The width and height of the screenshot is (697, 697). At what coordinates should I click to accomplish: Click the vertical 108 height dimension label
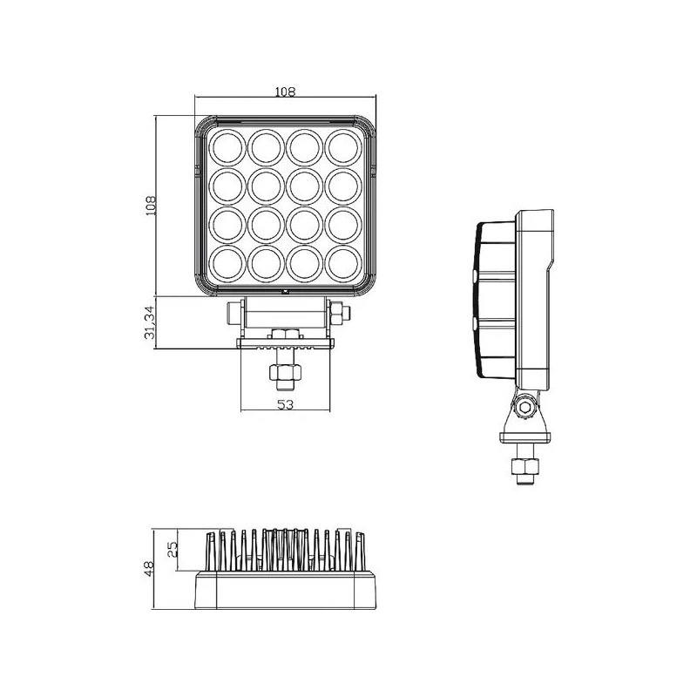click(149, 206)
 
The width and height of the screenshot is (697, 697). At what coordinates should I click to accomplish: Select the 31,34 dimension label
click(149, 323)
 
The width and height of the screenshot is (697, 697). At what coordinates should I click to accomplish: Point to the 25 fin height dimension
click(172, 549)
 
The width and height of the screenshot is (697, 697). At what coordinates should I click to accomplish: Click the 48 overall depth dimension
click(149, 569)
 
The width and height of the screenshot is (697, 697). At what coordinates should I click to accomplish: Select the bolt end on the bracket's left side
click(233, 311)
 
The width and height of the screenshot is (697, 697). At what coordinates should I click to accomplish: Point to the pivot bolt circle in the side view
click(524, 406)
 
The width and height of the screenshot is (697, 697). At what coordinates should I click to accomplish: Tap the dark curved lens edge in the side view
click(477, 296)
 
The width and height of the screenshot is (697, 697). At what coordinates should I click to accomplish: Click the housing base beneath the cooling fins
click(286, 592)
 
